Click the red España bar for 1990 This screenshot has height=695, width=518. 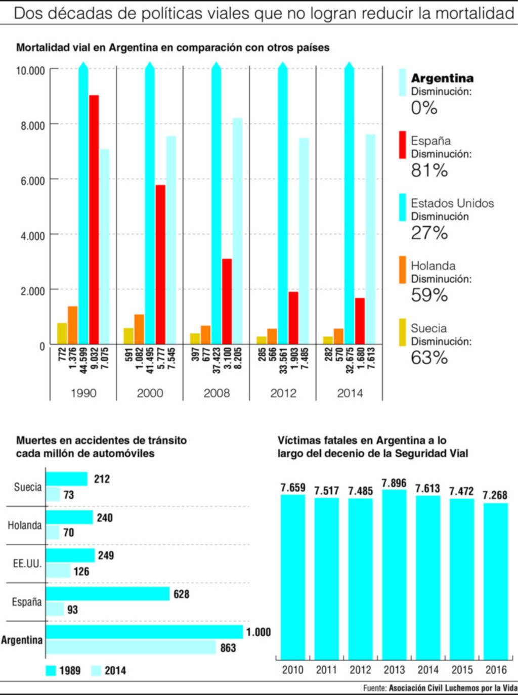pos(94,220)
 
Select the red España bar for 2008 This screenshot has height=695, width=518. pos(227,301)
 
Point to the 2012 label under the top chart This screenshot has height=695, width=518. pos(283,393)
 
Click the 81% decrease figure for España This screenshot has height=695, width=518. pos(429,170)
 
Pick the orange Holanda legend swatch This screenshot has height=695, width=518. pos(403,270)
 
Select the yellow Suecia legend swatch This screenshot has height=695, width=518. pos(403,332)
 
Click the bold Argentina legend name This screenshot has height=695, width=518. pos(442,78)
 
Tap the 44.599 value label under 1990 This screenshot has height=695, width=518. pos(84,360)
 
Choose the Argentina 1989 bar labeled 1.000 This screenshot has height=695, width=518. pos(145,632)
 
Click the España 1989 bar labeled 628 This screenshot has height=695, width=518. pos(108,594)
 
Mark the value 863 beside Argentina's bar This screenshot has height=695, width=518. pos(228,647)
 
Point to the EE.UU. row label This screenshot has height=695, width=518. pos(27,563)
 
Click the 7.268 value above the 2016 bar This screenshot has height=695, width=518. pos(495,495)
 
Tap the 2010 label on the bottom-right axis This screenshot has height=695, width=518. pos(292,670)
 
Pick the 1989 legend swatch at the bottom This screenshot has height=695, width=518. pos(51,671)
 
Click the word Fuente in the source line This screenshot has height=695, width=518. pos(374,688)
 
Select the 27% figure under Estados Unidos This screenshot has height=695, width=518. pos(429,233)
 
